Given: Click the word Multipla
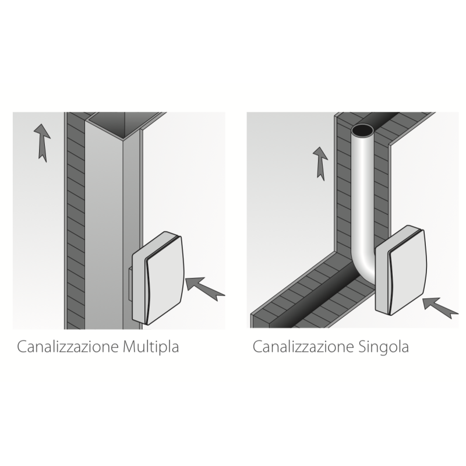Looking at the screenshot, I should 151,348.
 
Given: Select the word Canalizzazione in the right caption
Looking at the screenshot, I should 302,347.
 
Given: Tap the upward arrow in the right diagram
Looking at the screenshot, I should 320,162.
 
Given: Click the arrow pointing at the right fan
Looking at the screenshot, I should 440,307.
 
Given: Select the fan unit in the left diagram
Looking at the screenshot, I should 158,277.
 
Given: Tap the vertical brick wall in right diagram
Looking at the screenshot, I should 343,192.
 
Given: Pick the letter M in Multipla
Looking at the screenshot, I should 130,347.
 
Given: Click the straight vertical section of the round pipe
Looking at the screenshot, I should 363,192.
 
